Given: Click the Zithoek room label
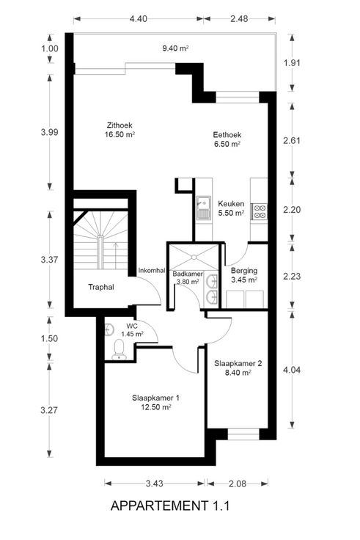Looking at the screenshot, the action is point(120,125).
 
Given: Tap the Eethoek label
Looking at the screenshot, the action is point(227,135).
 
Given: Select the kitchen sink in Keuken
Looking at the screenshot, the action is point(203,208).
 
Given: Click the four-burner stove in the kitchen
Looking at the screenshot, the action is point(260,211).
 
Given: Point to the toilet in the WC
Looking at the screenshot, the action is point(119,350).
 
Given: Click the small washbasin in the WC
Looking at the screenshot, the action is point(109,329).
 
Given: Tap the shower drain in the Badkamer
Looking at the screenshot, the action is point(194,257).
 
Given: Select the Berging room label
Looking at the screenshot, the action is point(244,271).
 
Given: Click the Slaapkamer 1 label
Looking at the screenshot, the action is point(155,398).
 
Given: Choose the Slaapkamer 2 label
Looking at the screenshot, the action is point(238,363).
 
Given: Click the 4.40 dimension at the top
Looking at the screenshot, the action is point(139,18).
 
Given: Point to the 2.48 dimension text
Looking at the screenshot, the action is point(239,18).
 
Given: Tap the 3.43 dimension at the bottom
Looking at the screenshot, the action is point(154,484).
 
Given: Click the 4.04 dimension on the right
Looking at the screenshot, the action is point(292,371).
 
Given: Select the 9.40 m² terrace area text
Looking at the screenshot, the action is point(175,48).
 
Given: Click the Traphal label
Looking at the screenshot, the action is point(101,287).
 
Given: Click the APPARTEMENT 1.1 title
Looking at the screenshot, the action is point(170,506).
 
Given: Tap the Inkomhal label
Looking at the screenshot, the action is point(152,271).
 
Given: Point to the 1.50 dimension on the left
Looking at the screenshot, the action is point(50,338).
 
